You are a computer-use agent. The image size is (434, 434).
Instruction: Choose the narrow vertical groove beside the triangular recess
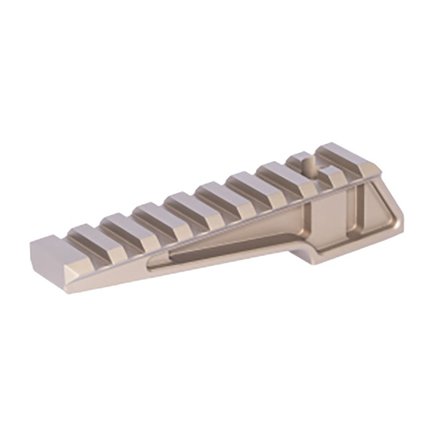pos(353,211)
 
